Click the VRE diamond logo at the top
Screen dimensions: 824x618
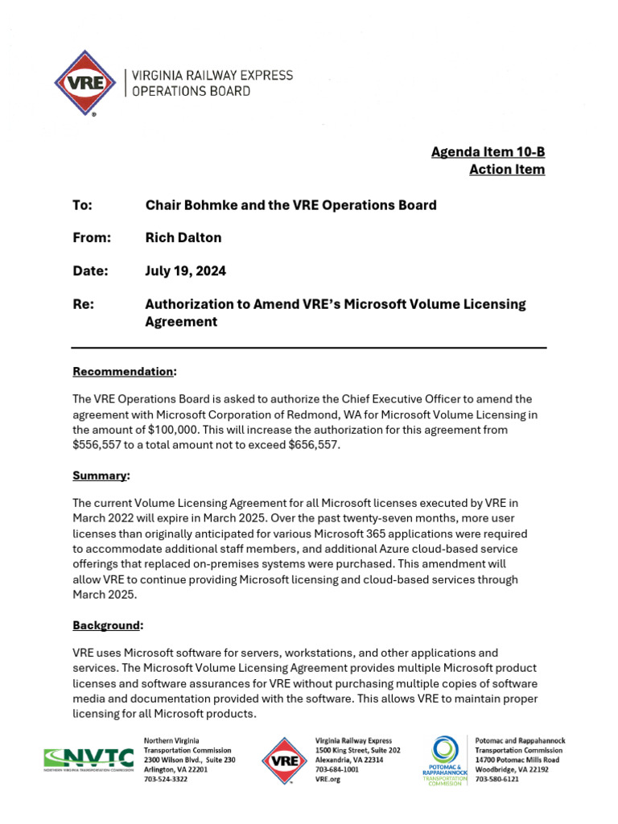(84, 83)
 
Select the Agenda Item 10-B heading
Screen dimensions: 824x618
(488, 152)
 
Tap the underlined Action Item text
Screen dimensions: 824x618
(507, 169)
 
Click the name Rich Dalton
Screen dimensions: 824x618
(183, 237)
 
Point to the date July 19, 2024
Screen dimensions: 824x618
(185, 271)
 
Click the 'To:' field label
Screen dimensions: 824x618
(83, 204)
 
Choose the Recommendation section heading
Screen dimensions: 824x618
(123, 371)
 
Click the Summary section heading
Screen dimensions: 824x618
(100, 476)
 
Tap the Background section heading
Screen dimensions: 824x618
(107, 625)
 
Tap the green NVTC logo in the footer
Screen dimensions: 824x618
(89, 759)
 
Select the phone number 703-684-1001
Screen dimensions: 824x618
(336, 769)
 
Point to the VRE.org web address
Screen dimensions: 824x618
(327, 780)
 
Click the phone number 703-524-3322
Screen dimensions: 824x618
(165, 780)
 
